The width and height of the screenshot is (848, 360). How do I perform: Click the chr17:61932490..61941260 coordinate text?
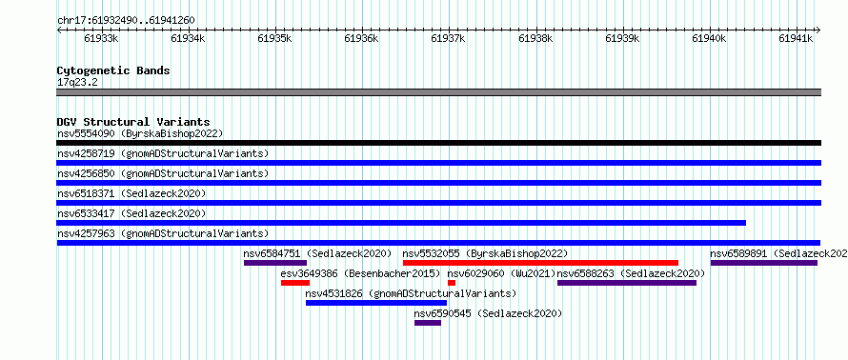point(126,21)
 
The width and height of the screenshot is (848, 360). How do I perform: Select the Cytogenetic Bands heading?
point(113,70)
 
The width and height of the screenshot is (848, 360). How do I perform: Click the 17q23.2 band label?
point(77,83)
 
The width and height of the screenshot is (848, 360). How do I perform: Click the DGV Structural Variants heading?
point(133,122)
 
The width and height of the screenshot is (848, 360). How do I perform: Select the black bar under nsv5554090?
point(438,143)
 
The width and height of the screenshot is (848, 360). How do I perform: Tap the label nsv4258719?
point(86,153)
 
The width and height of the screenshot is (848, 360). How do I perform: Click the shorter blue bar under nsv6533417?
point(401,223)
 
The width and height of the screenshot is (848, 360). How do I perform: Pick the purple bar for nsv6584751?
point(275,263)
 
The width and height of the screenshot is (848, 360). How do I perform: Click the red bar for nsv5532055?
point(540,263)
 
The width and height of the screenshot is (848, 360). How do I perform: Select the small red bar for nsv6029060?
point(452,283)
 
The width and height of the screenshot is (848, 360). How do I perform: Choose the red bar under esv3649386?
point(295,283)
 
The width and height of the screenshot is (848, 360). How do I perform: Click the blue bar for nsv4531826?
point(375,303)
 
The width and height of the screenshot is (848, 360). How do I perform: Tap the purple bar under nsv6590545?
point(428,323)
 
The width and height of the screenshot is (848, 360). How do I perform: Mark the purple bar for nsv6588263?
point(627,283)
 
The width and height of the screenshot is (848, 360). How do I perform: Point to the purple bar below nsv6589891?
point(764,263)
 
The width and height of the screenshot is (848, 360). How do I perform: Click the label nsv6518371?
point(86,193)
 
